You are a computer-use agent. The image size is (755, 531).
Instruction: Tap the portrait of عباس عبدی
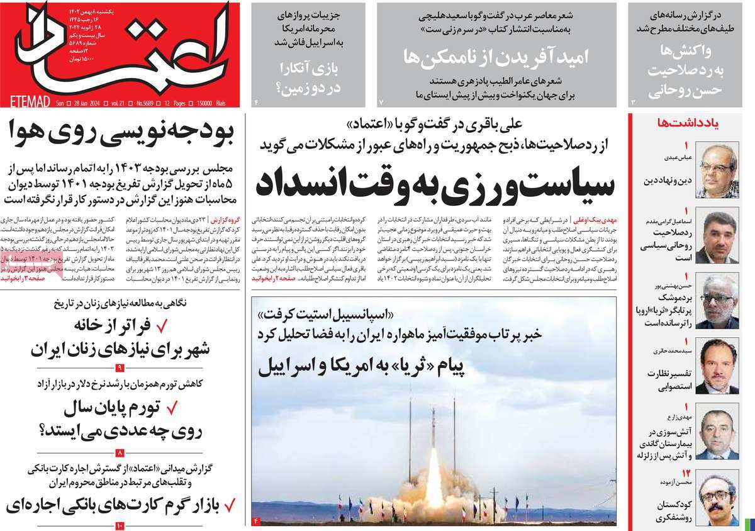click(x=719, y=170)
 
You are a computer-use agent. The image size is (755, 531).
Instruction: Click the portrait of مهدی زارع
click(x=719, y=433)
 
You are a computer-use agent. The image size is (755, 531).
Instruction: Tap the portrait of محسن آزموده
click(x=719, y=497)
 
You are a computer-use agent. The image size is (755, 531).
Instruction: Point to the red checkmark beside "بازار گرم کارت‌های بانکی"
click(x=230, y=505)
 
